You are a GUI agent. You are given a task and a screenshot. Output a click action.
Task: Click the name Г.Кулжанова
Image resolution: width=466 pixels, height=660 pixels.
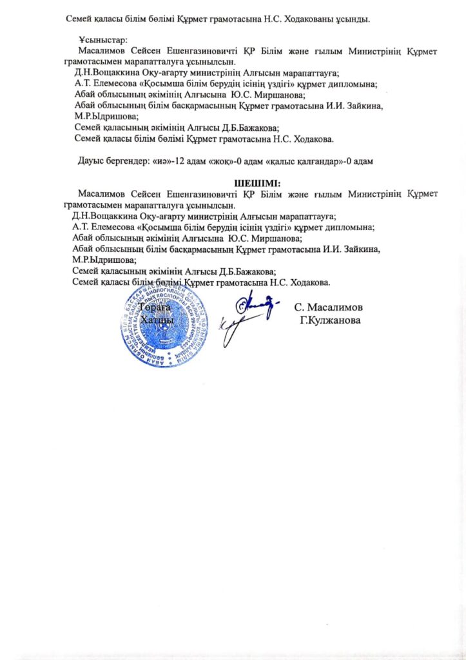tap(330, 320)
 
